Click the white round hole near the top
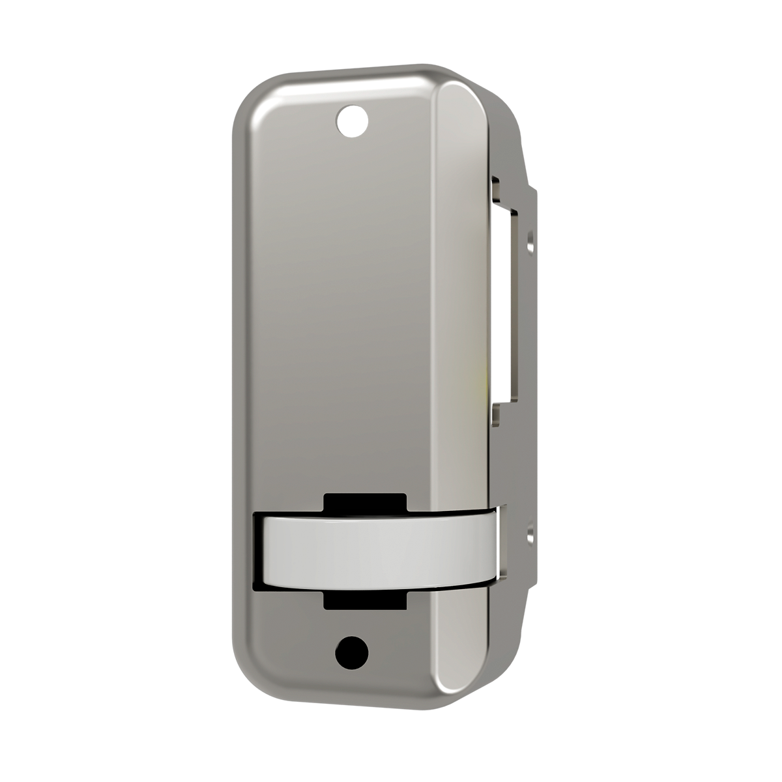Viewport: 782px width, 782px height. (353, 121)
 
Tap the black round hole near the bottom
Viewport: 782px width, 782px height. (351, 652)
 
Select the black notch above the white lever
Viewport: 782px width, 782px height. (365, 502)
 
